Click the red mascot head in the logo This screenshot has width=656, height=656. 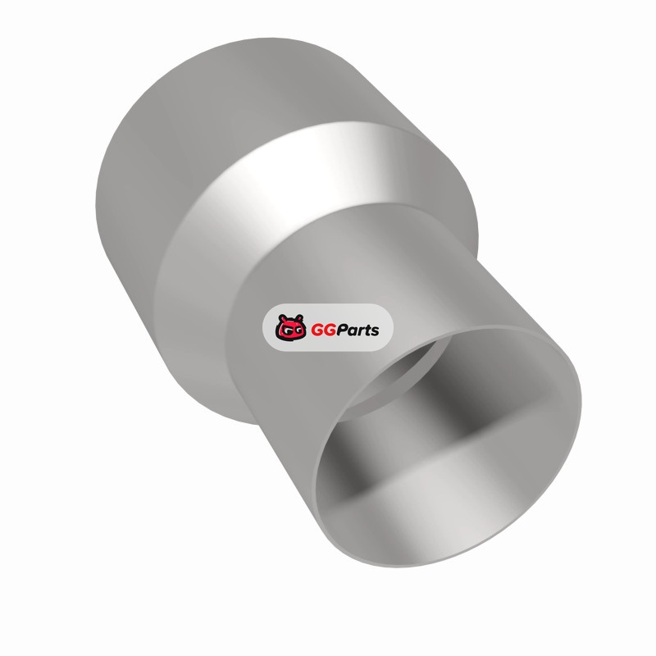(x=289, y=327)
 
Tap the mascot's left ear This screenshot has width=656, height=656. (x=281, y=317)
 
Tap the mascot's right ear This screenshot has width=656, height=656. (x=298, y=317)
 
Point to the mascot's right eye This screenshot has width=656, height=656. (x=296, y=330)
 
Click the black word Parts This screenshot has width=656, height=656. (x=358, y=330)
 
